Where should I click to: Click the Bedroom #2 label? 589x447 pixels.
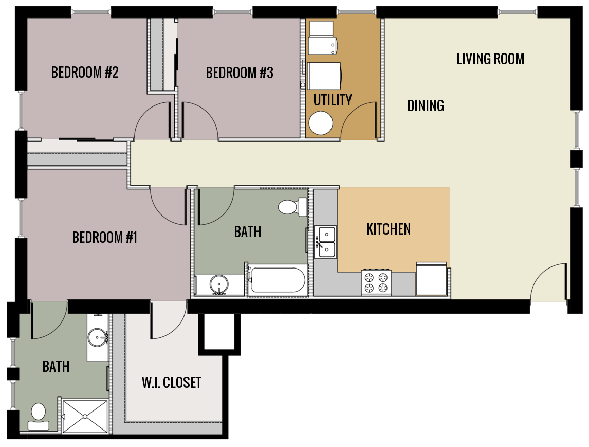click(85, 73)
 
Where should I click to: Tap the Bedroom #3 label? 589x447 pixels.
click(240, 73)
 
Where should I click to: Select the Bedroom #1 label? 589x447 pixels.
click(105, 238)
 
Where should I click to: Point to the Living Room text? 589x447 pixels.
click(490, 59)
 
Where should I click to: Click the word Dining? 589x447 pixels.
click(426, 106)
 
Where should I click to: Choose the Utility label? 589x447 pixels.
click(333, 100)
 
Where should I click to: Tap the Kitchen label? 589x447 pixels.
click(389, 229)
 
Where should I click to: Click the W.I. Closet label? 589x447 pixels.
click(172, 383)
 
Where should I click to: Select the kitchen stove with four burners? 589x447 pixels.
click(376, 282)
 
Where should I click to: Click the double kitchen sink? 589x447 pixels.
click(325, 242)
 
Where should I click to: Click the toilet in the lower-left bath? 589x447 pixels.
click(38, 416)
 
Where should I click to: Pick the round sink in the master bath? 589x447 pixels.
click(97, 338)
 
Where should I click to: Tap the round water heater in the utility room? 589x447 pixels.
click(321, 123)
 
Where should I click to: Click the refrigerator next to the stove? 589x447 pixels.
click(431, 279)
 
